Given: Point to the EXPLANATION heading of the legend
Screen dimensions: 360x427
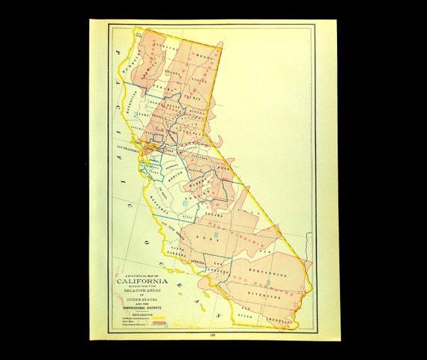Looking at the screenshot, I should pyautogui.click(x=142, y=314).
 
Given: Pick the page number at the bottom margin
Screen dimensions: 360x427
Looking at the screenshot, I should pyautogui.click(x=214, y=335).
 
